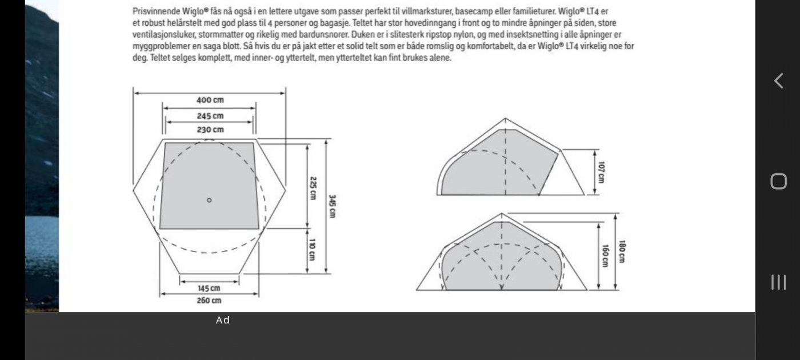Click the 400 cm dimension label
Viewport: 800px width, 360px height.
tap(210, 100)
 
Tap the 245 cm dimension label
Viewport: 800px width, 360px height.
tap(210, 115)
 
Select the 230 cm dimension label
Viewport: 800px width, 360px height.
tap(210, 130)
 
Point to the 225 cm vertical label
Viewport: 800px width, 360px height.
tap(313, 187)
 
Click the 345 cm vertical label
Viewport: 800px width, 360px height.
tap(332, 206)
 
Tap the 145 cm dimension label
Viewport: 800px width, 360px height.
tap(209, 288)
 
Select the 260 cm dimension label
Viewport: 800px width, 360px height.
tap(209, 301)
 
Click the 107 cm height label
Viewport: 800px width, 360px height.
tap(601, 171)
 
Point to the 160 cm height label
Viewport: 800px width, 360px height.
tap(605, 255)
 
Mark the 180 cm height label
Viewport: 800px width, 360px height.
tap(622, 251)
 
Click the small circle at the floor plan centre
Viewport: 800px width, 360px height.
tap(209, 200)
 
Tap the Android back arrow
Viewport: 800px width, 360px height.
tap(778, 81)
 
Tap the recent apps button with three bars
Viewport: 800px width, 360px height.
tap(778, 282)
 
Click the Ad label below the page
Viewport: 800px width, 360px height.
tap(223, 321)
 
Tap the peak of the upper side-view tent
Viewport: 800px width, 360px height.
tap(505, 119)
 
